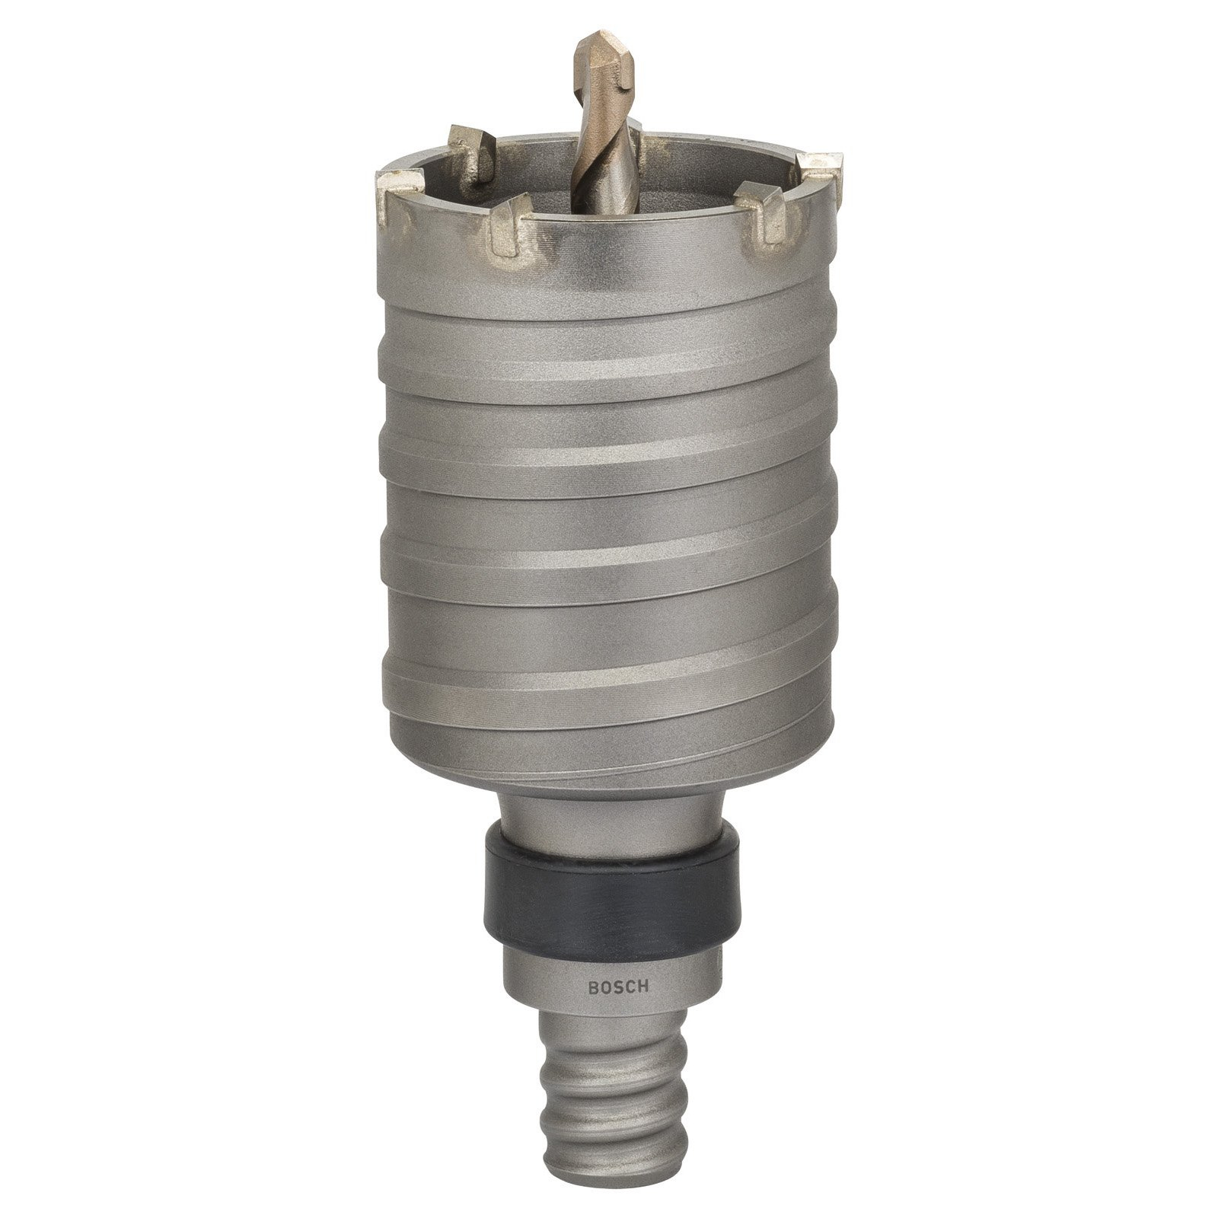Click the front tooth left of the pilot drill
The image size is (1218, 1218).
click(x=509, y=225)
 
